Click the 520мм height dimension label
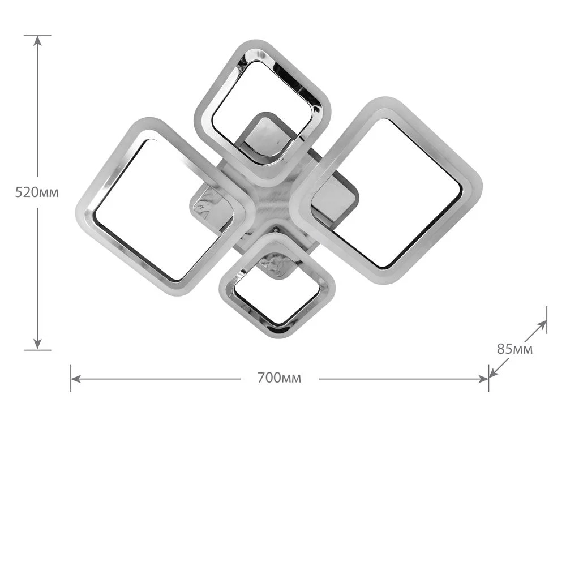(37, 192)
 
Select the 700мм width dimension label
(279, 378)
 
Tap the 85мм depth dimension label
(514, 349)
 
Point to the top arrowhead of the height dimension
(37, 41)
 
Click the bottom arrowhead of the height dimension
(37, 344)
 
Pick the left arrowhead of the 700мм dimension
(76, 379)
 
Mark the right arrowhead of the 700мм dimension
(483, 379)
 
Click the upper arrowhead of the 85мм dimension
(542, 325)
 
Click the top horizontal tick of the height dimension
(37, 35)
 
